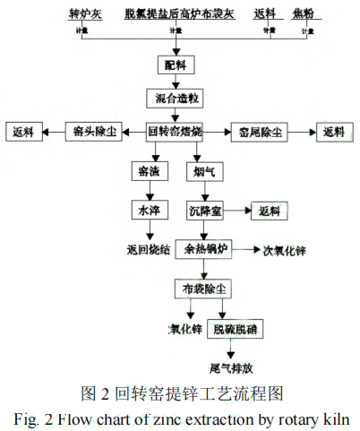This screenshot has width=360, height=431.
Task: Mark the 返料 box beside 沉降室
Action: pyautogui.click(x=270, y=211)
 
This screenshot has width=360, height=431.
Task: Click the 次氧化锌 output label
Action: pyautogui.click(x=284, y=249)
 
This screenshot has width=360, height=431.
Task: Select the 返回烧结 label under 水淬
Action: pyautogui.click(x=145, y=248)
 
